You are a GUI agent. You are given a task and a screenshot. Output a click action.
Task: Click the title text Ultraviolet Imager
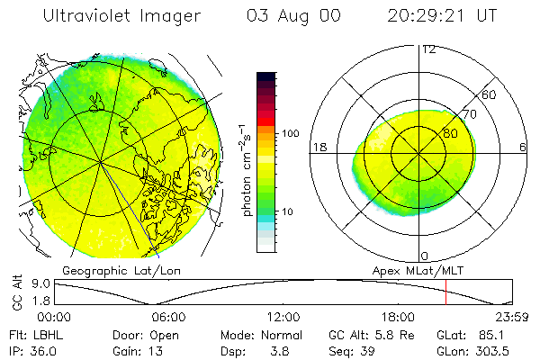pyautogui.click(x=122, y=15)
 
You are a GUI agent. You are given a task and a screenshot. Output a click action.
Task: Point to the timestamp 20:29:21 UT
pyautogui.click(x=442, y=15)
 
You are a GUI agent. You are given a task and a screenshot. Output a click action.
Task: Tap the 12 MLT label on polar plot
pyautogui.click(x=428, y=49)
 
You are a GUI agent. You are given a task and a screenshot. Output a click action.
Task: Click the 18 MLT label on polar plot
pyautogui.click(x=318, y=147)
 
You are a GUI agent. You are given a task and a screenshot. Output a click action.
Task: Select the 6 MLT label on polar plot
pyautogui.click(x=523, y=147)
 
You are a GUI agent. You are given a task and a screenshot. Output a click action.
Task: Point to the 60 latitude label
pyautogui.click(x=489, y=94)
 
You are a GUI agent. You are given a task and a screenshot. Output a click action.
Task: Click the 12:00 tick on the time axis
pyautogui.click(x=283, y=317)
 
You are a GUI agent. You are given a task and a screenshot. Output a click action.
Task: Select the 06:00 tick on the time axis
pyautogui.click(x=169, y=317)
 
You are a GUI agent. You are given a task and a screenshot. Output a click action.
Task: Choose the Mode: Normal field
pyautogui.click(x=262, y=334)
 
